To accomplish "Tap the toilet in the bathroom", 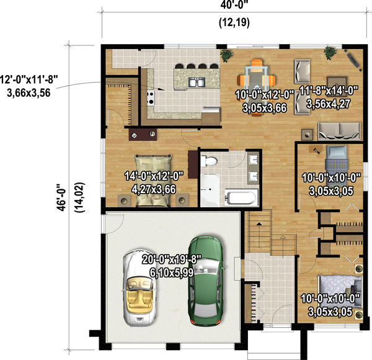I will click(x=210, y=162).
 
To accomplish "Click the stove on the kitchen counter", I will click(x=149, y=96).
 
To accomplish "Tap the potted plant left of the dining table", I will click(x=226, y=56).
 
